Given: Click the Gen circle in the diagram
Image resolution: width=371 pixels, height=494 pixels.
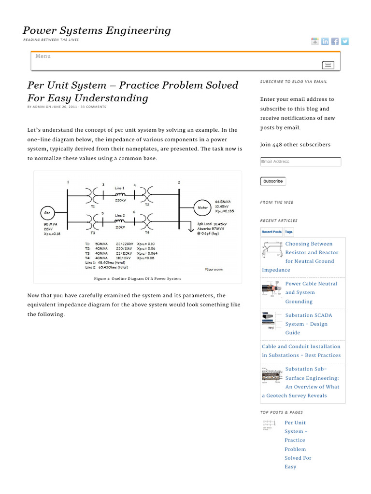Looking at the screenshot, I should click(x=47, y=212).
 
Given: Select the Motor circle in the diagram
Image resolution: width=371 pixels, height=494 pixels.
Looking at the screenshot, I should click(x=203, y=207).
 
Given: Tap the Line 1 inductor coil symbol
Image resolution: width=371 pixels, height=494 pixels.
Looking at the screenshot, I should click(x=120, y=194).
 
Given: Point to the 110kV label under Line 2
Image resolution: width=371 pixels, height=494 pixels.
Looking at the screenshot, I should click(x=120, y=227).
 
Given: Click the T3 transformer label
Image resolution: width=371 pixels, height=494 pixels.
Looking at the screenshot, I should click(x=93, y=233).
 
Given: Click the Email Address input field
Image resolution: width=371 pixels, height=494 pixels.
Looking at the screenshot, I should click(x=300, y=162).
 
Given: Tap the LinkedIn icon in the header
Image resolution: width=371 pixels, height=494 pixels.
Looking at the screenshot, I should click(x=325, y=41).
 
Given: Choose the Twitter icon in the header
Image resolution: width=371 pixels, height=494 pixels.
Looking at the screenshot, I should click(x=344, y=41).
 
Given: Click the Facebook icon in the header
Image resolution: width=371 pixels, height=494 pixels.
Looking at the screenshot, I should click(x=335, y=41).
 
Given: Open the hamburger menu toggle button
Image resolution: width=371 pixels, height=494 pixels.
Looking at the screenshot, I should click(x=328, y=65).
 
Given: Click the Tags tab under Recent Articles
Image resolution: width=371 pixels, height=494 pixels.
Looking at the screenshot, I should click(x=288, y=232).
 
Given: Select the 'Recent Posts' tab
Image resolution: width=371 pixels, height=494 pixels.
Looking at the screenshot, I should click(x=271, y=232).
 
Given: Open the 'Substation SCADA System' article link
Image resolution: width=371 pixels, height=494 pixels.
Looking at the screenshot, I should click(x=309, y=324).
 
